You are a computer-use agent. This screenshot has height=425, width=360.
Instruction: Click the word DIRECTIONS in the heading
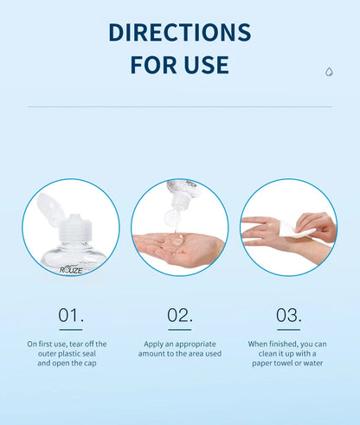tap(180, 32)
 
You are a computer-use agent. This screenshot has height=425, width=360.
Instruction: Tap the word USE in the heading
tap(206, 65)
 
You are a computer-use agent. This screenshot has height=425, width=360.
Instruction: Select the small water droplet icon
tap(329, 72)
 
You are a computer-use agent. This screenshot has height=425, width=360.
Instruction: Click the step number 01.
tap(71, 315)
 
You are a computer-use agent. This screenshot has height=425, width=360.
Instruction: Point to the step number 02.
tap(180, 315)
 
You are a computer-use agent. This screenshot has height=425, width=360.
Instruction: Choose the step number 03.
tap(288, 315)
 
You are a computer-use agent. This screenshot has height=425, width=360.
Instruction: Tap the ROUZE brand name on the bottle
tap(71, 270)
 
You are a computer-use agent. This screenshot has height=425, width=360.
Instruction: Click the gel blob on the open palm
tap(177, 240)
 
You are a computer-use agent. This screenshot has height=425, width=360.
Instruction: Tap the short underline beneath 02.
tap(180, 330)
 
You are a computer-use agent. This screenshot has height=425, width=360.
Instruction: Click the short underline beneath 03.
tap(288, 330)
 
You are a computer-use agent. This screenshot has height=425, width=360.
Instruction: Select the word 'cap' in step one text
tap(90, 364)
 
